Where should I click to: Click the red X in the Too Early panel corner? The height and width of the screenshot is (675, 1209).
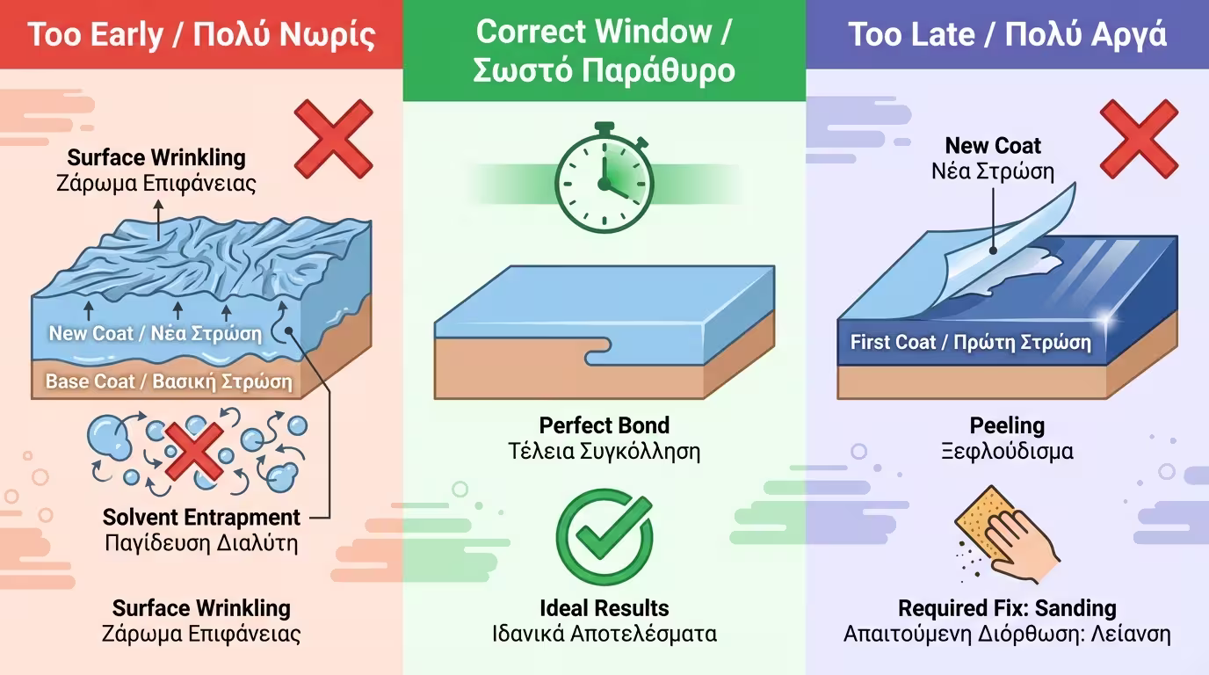tap(333, 139)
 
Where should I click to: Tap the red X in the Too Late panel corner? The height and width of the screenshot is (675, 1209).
tap(1139, 139)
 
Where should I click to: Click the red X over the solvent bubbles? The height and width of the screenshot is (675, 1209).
tap(194, 450)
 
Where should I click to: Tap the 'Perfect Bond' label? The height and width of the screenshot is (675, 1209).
tap(604, 425)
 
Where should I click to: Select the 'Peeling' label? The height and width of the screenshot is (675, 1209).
tap(1007, 425)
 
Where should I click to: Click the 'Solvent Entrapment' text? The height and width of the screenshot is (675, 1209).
tap(201, 517)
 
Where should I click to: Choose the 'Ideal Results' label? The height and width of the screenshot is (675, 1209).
tap(604, 607)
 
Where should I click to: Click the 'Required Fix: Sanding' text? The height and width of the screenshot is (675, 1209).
tap(1007, 607)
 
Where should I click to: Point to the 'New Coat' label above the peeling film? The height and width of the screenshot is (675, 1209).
tap(993, 145)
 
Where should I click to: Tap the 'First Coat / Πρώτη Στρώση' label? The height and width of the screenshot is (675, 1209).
tap(970, 342)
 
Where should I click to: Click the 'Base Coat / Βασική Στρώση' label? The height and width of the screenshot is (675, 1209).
tap(169, 382)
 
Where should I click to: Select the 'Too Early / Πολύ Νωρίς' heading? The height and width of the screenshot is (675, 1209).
tap(201, 35)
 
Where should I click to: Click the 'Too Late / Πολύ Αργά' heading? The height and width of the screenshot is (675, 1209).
tap(1007, 35)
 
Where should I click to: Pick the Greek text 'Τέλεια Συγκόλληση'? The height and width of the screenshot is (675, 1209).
tap(604, 452)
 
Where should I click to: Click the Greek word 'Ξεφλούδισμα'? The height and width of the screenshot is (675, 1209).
tap(1007, 452)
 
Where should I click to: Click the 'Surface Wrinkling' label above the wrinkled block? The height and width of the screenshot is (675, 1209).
tap(156, 158)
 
